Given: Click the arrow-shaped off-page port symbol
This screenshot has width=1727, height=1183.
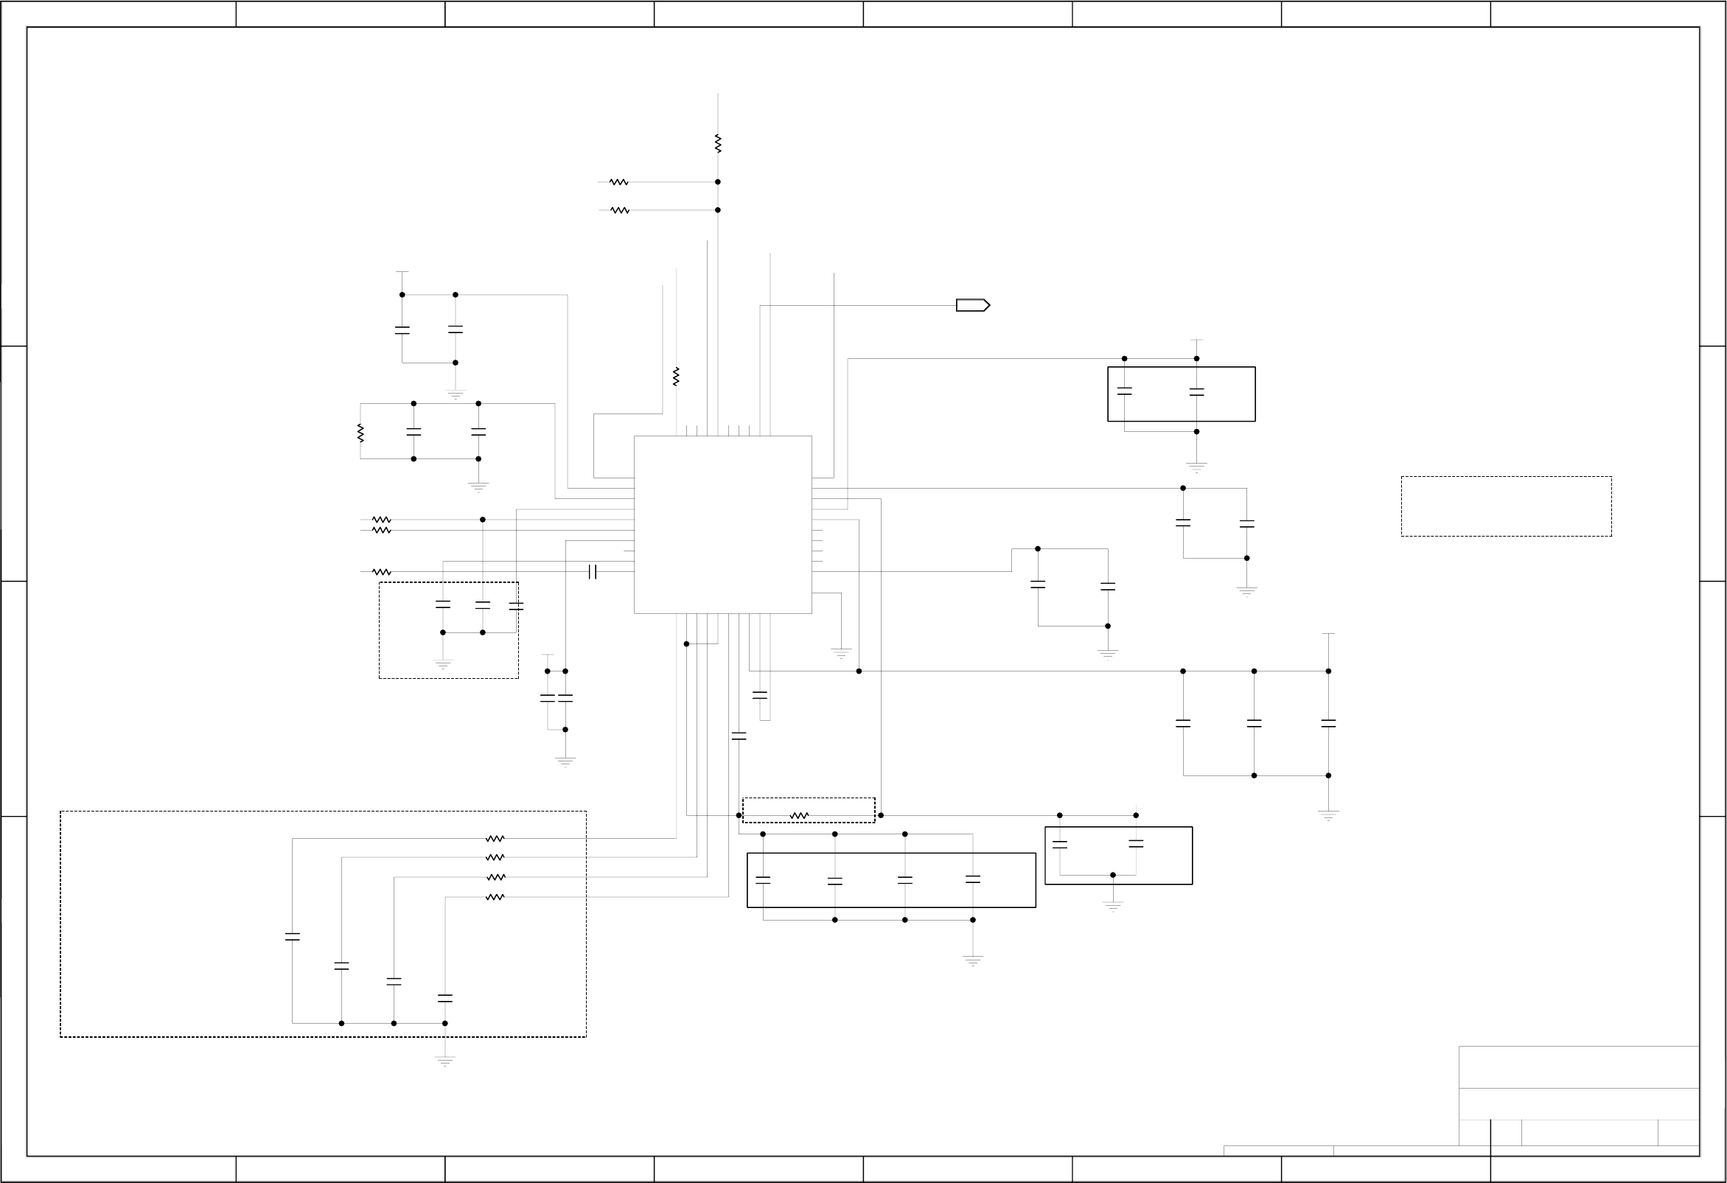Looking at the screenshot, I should coord(972,305).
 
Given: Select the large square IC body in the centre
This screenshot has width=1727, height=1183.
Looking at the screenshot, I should coord(722,525).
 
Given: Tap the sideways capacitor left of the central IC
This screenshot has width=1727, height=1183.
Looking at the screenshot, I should coord(593,571).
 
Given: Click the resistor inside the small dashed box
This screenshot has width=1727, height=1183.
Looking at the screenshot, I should coord(799,816).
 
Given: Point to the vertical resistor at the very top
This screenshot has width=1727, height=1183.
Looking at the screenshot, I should coord(718,144).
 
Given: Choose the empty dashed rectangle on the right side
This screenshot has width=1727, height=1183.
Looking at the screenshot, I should coord(1507,506).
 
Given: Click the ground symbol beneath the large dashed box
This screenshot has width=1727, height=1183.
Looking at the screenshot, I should coord(445,1061).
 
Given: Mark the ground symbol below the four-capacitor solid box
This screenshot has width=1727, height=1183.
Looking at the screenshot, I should coord(973,960).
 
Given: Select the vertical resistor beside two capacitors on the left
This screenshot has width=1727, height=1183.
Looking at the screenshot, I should coord(360,433).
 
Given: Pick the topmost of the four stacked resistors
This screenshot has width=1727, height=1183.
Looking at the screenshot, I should coord(495,839).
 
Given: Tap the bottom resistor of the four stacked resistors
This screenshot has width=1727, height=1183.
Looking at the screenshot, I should coord(495,898).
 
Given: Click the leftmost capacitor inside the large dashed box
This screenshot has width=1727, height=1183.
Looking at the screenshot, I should coord(293,937).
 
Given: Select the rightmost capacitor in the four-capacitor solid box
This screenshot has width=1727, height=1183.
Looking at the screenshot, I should coord(973,879).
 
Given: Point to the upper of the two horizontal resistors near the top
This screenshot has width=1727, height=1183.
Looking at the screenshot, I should coord(618,182).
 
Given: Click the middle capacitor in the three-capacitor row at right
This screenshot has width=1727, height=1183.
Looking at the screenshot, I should coord(1254,723).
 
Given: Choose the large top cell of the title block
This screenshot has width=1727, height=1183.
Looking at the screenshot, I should coord(1578,1067).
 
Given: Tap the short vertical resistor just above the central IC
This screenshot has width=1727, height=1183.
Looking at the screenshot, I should coord(675,377).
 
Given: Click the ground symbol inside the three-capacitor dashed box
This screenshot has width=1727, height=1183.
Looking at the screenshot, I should coord(443,663).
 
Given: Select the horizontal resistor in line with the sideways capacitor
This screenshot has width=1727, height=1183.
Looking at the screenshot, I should coord(381,572).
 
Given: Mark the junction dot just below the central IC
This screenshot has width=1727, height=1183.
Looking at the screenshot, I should coord(687,644).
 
